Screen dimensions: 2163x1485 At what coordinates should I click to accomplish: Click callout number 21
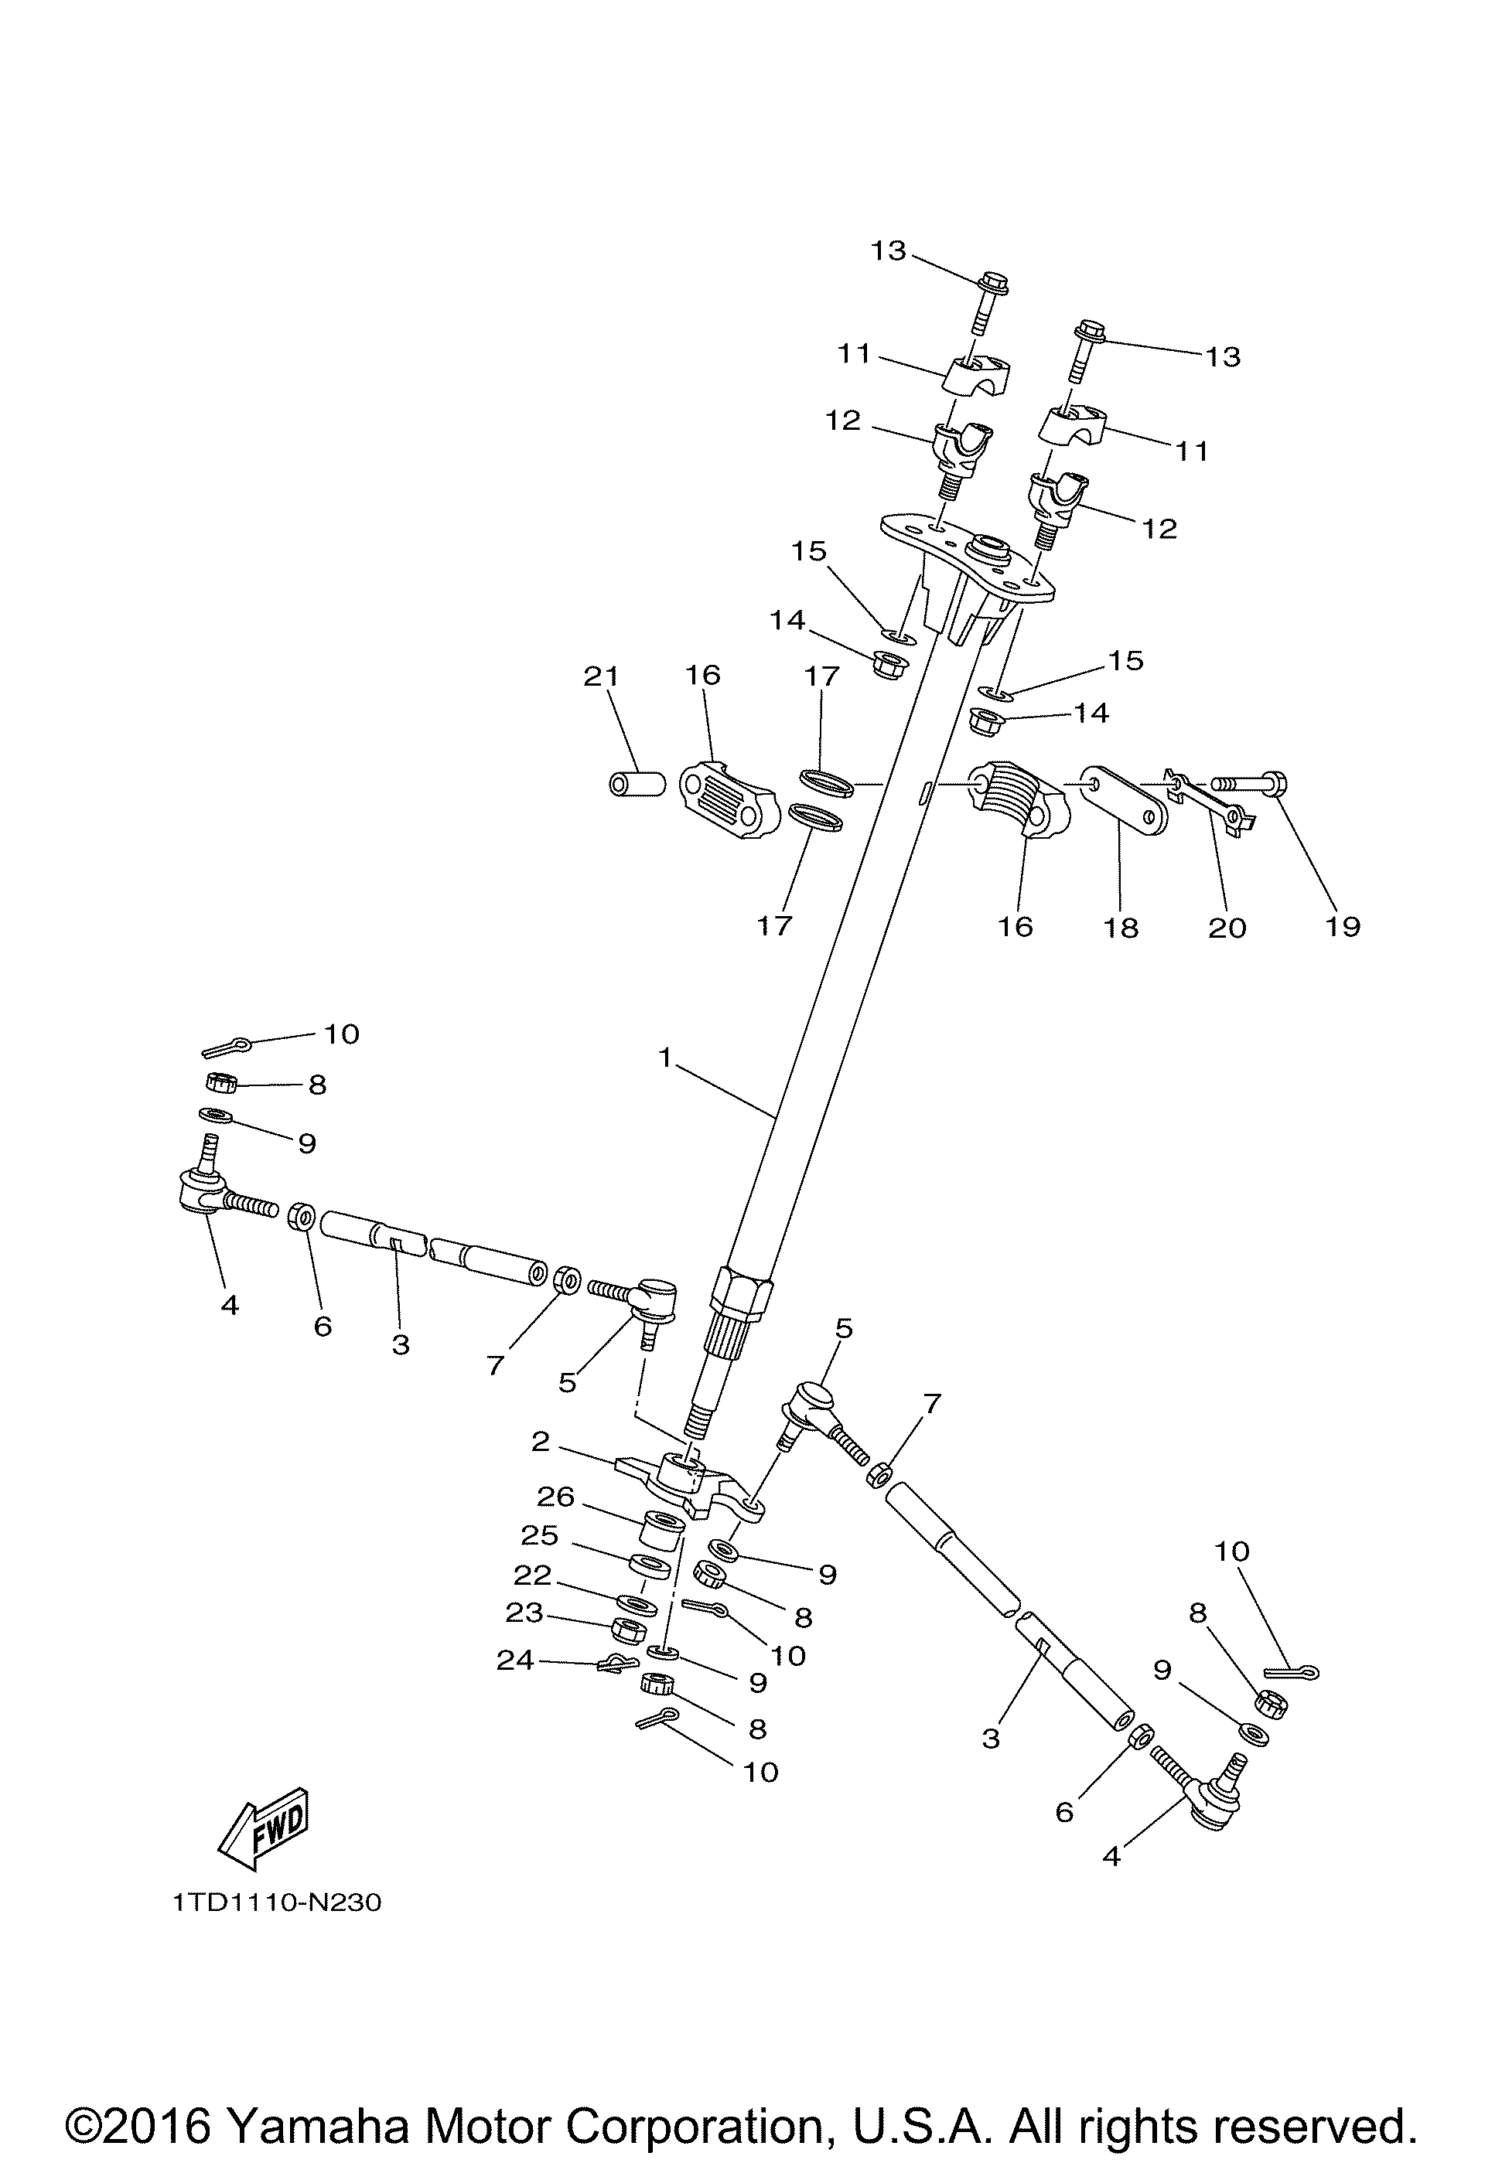[602, 676]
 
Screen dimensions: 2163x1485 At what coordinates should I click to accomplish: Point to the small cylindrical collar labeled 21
[637, 785]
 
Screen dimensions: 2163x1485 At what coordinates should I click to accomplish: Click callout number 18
[1122, 927]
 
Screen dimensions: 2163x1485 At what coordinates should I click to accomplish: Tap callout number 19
[1343, 926]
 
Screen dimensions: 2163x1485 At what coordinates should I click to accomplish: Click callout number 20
[1227, 927]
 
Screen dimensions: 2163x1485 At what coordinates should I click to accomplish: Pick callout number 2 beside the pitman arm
[541, 1442]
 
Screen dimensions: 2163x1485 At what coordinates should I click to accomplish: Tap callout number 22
[533, 1575]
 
